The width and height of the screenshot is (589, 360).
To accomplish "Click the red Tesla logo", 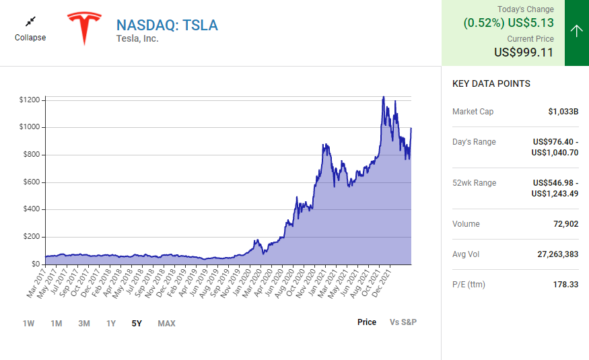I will point(83,28).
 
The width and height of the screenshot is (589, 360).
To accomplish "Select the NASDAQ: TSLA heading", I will point(167,25).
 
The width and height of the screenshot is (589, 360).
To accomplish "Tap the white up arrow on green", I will point(576,31).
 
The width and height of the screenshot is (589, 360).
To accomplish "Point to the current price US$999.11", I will point(524,52).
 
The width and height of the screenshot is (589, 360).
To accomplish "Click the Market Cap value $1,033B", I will point(563,112).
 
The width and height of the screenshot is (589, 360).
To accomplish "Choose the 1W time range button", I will point(28,324).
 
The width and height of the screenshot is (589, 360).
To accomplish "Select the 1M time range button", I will point(57,324).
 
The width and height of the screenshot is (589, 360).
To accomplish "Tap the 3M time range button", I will point(83,324).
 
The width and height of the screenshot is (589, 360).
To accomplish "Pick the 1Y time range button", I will point(111,324).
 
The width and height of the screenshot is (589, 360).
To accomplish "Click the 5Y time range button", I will point(137,324).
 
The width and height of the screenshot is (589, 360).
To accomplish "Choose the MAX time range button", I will point(166,324).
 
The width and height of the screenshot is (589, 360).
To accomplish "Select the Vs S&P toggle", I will point(403,322).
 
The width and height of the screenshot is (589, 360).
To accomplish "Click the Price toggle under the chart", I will point(367,322).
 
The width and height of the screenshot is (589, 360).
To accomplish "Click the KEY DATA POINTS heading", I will point(491,84).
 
